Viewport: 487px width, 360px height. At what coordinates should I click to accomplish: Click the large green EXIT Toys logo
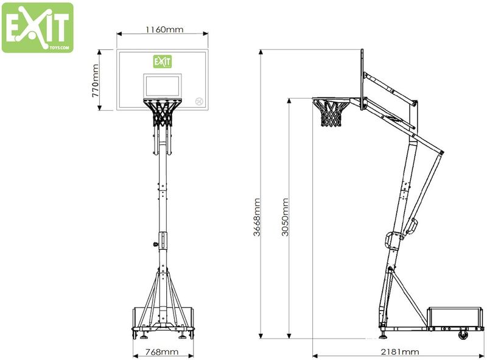coord(37,27)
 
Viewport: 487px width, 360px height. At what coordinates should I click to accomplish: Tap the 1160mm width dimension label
coord(164,29)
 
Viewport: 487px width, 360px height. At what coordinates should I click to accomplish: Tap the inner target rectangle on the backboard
coord(162,85)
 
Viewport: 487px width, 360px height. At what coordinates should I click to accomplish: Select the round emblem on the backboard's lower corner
coord(198,102)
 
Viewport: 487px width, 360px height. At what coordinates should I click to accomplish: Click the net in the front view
coord(163,113)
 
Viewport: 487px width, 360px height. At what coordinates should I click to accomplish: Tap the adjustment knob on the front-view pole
coord(156,245)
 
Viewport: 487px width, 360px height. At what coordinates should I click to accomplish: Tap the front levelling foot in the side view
coord(383,334)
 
